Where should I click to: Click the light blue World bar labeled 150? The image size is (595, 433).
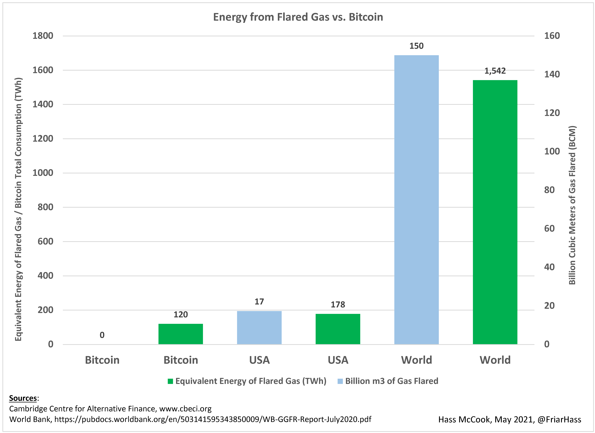point(416,199)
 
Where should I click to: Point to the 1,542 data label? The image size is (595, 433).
point(495,71)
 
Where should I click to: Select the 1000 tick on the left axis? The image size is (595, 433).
point(43,173)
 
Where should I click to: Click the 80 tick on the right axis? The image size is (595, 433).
point(549,190)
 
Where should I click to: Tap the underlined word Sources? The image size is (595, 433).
point(23,398)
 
